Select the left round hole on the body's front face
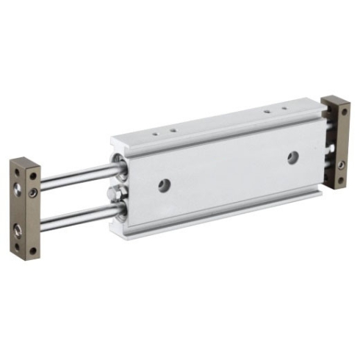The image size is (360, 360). click(163, 186)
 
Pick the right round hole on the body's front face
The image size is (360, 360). click(292, 156)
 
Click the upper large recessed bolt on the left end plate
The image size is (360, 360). click(18, 190)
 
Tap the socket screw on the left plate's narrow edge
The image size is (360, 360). click(34, 192)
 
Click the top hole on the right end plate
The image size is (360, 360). click(343, 112)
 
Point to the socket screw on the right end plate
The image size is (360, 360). click(342, 163)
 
